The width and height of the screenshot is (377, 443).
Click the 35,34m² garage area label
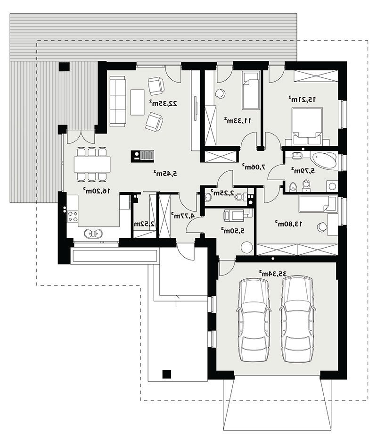[x=273, y=274]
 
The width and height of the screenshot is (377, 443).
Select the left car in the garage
[x=253, y=320]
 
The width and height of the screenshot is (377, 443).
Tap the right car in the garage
[x=296, y=319]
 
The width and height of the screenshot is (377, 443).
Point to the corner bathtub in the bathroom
[x=324, y=160]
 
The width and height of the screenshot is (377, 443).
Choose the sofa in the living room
[x=117, y=102]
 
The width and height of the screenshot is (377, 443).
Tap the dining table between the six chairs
[x=92, y=164]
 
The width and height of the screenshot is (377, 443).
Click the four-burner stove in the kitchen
[x=73, y=216]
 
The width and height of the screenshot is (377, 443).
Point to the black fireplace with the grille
[x=142, y=156]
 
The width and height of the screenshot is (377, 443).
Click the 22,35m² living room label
[x=164, y=103]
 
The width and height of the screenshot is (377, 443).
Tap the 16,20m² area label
[x=96, y=191]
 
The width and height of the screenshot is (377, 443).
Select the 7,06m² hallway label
[x=254, y=167]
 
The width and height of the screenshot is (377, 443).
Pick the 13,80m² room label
[x=288, y=224]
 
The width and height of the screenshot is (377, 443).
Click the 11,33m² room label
[x=238, y=121]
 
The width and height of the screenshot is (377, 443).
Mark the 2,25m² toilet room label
[x=224, y=193]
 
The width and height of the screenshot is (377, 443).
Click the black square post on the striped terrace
[x=64, y=67]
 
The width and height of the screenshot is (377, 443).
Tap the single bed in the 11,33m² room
[x=251, y=91]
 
